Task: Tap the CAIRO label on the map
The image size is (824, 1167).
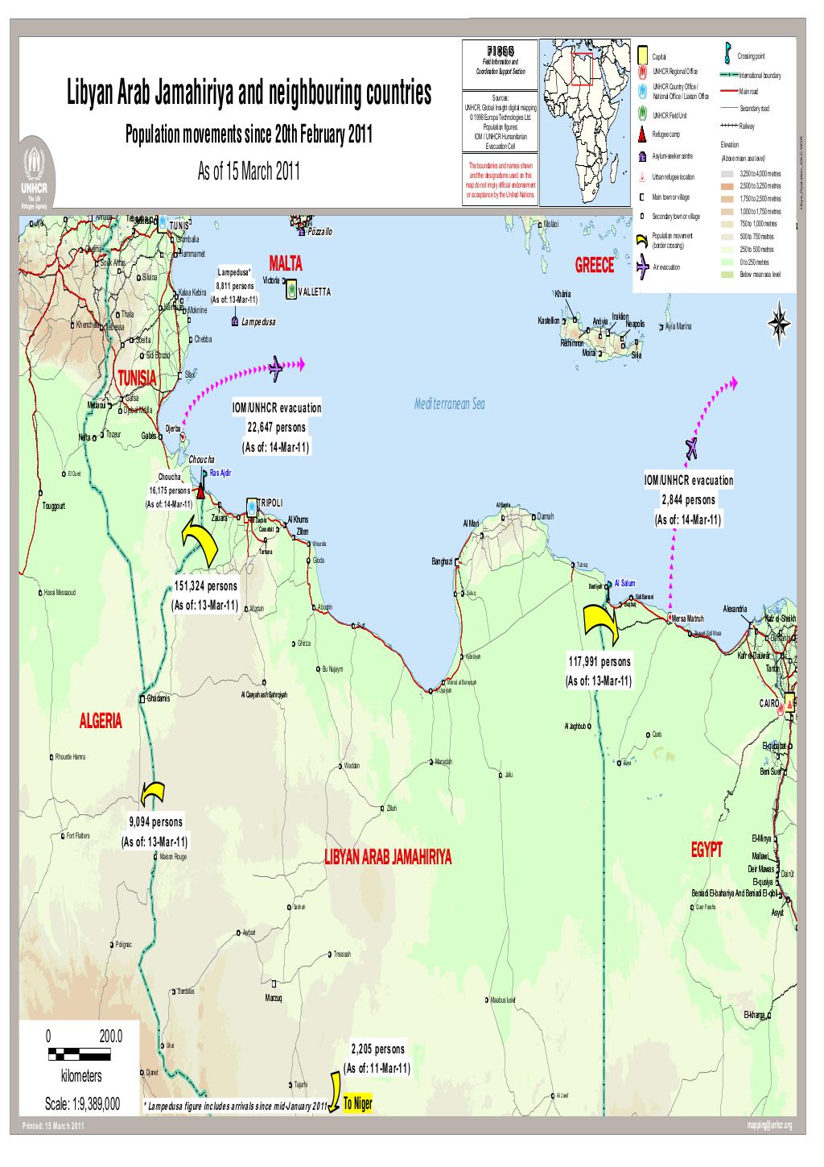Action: pyautogui.click(x=769, y=704)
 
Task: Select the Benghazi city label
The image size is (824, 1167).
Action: pyautogui.click(x=443, y=561)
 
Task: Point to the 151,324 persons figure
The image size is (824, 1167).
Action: pyautogui.click(x=205, y=586)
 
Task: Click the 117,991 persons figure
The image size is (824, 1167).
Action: pyautogui.click(x=599, y=662)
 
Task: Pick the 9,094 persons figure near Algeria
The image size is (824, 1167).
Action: pyautogui.click(x=155, y=822)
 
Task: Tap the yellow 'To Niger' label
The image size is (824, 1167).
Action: pyautogui.click(x=357, y=1104)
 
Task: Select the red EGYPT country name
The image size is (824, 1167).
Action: pyautogui.click(x=707, y=850)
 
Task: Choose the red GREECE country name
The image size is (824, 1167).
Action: pyautogui.click(x=595, y=267)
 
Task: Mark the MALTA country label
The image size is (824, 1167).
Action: pyautogui.click(x=285, y=263)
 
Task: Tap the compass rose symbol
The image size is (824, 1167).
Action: pyautogui.click(x=779, y=325)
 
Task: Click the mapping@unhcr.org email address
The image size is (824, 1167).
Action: pyautogui.click(x=770, y=1126)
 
